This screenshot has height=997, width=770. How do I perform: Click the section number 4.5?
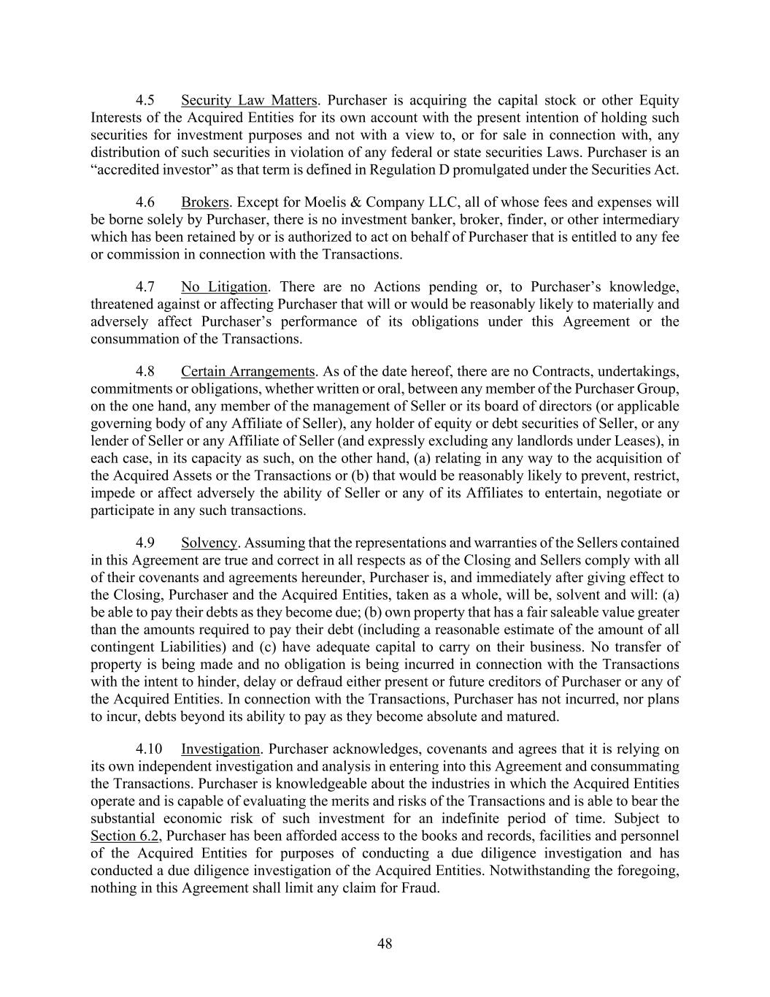click(145, 100)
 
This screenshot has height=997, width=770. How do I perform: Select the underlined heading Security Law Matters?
click(249, 100)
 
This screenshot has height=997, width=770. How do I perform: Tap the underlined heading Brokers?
click(204, 202)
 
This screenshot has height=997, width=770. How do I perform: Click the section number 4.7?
click(145, 287)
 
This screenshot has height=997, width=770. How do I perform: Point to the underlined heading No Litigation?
click(224, 287)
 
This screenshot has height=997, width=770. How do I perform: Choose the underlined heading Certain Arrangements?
click(248, 371)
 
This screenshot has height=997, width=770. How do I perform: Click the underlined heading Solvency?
click(209, 543)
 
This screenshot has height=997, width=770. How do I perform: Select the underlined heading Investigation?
click(220, 749)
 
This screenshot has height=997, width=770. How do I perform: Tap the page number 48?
click(385, 944)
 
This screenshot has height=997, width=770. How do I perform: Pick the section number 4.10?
click(148, 749)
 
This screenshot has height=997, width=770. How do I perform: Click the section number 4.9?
click(145, 543)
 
